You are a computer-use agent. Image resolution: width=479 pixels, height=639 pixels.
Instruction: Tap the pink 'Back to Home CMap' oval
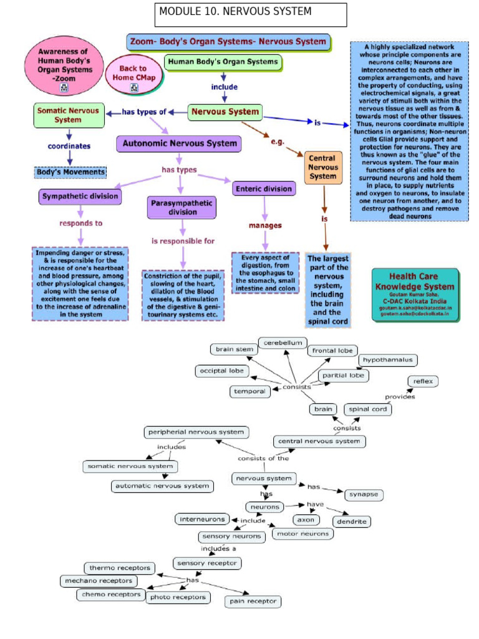point(133,74)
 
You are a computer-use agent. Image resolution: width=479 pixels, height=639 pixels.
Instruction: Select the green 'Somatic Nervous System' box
point(68,115)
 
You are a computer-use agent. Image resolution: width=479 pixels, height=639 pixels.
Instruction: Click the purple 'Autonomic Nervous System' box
point(180,144)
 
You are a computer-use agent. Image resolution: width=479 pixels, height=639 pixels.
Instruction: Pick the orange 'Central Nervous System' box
point(323,167)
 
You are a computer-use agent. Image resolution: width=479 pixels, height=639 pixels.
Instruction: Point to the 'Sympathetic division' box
point(80,197)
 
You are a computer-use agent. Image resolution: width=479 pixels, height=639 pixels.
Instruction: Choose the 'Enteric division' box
point(264,188)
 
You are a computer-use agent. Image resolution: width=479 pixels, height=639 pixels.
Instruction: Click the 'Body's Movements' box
point(70,172)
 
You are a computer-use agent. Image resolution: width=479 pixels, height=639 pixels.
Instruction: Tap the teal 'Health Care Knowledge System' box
point(415,295)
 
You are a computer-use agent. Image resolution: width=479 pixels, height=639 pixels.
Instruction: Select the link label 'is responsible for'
point(183,240)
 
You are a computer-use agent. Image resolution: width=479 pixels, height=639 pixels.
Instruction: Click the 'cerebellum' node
point(283,343)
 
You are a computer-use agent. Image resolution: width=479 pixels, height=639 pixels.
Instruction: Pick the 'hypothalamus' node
point(387,360)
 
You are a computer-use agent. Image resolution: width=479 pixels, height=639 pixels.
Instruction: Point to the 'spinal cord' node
point(368,409)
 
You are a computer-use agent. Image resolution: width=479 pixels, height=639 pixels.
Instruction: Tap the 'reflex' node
point(423,381)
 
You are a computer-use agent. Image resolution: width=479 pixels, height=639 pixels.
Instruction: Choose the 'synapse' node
point(363,494)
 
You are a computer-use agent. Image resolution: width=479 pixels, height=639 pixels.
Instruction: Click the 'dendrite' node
point(351,521)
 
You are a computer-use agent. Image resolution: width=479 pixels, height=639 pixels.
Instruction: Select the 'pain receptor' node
point(253,601)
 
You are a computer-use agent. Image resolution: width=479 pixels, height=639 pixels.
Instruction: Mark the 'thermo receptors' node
point(120,568)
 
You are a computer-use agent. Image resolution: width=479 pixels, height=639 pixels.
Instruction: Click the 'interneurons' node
point(203,519)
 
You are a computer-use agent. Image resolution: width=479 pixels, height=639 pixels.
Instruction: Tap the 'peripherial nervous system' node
point(196,432)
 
